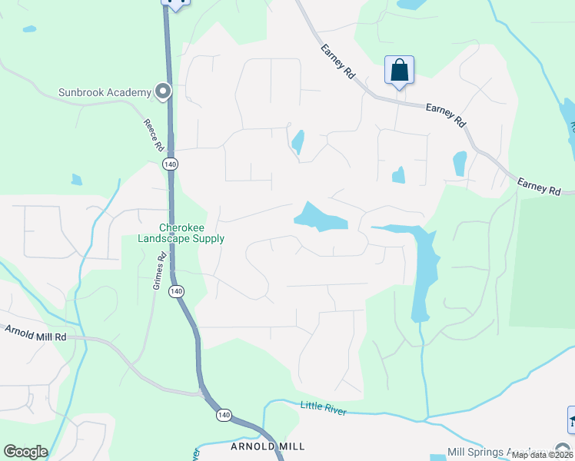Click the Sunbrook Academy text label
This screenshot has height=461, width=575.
click(105, 93)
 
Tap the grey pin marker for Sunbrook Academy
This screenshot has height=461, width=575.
click(162, 92)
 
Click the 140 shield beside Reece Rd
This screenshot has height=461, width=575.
click(170, 164)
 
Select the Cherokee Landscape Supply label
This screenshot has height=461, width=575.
click(181, 233)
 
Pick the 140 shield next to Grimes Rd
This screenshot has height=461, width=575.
click(177, 291)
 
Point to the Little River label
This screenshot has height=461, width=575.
click(323, 408)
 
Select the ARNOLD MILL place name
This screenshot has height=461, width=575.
click(268, 446)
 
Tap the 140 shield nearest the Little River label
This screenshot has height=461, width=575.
click(224, 415)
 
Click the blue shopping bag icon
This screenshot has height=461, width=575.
click(400, 71)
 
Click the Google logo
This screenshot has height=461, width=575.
click(25, 452)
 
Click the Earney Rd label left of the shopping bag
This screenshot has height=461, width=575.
click(339, 61)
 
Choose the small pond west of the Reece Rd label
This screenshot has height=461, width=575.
click(76, 180)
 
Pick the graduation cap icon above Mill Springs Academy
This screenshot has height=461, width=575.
click(571, 420)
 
